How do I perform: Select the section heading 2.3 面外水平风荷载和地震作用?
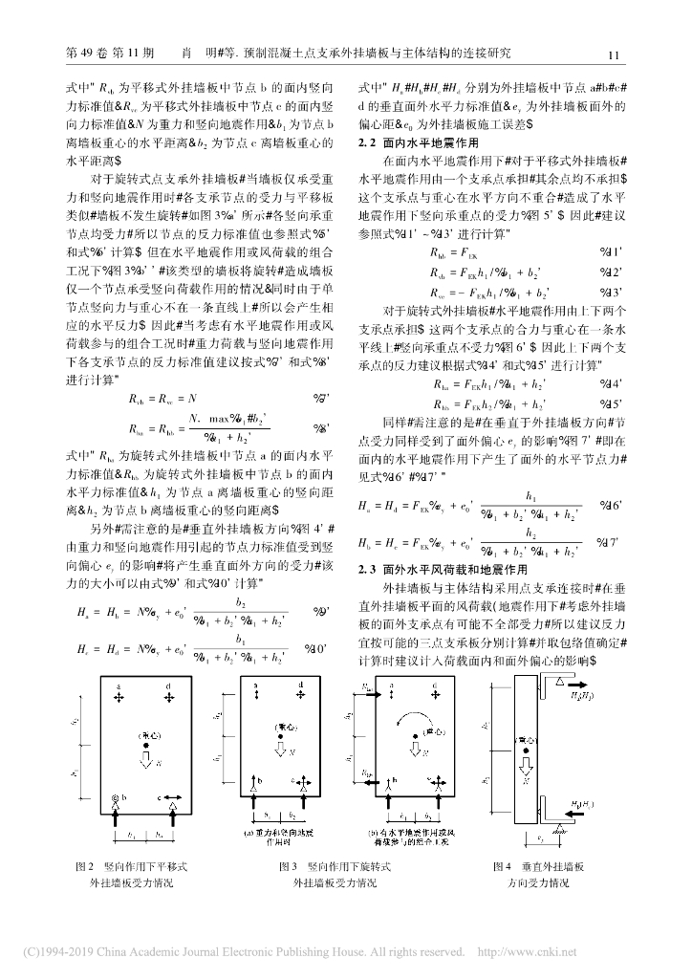[x=431, y=570]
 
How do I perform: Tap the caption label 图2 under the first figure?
[x=83, y=866]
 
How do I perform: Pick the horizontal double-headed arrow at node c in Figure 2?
[x=175, y=796]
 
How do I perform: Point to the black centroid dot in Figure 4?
[x=525, y=748]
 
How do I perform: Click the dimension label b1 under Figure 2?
[x=129, y=835]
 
